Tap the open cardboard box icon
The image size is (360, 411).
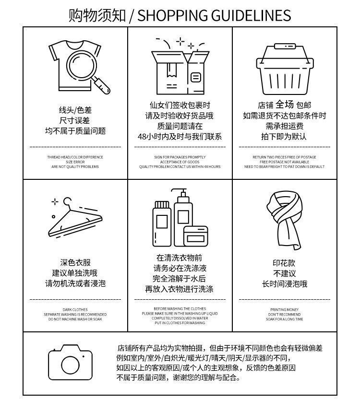[x=180, y=70]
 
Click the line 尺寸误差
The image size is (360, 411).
[x=75, y=120]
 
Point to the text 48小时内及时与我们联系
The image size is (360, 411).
[x=180, y=136]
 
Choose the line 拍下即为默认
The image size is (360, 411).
[x=284, y=136]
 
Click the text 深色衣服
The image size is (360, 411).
[x=75, y=262]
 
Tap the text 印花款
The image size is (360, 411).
[x=284, y=263]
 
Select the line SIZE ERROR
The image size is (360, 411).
[x=75, y=162]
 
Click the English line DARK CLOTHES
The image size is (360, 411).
[x=75, y=310]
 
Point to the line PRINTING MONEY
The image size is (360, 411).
[x=284, y=310]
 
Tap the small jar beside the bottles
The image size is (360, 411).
[x=196, y=236]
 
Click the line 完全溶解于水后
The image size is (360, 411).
[x=180, y=279]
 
